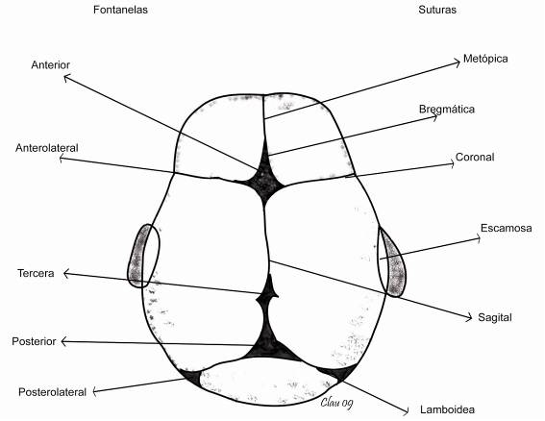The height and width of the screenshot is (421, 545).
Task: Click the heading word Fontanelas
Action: [x=120, y=10]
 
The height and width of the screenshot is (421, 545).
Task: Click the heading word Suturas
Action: [x=437, y=10]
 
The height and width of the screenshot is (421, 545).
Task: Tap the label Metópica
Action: [x=485, y=59]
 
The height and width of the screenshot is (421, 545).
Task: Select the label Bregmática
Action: [x=447, y=110]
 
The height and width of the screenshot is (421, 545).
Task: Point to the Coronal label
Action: [x=475, y=157]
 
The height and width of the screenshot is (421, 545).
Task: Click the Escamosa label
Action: [x=506, y=228]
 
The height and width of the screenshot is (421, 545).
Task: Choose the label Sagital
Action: [x=495, y=317]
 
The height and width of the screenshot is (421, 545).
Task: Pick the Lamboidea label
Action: [x=447, y=409]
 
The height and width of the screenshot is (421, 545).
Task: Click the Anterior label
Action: [x=50, y=65]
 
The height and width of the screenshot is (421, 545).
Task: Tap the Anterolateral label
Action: [x=47, y=148]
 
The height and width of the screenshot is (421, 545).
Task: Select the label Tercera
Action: [x=36, y=273]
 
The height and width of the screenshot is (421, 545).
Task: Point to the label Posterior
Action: [x=34, y=341]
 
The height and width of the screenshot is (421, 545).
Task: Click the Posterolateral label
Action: [x=52, y=392]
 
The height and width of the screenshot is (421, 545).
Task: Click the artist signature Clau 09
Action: [x=336, y=403]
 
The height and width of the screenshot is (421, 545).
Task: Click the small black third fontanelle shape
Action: [x=267, y=294]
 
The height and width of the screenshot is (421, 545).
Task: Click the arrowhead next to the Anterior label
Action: [x=66, y=77]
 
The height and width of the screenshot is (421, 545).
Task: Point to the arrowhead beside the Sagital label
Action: [x=470, y=316]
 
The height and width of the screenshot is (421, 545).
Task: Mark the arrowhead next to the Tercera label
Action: [x=65, y=274]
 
